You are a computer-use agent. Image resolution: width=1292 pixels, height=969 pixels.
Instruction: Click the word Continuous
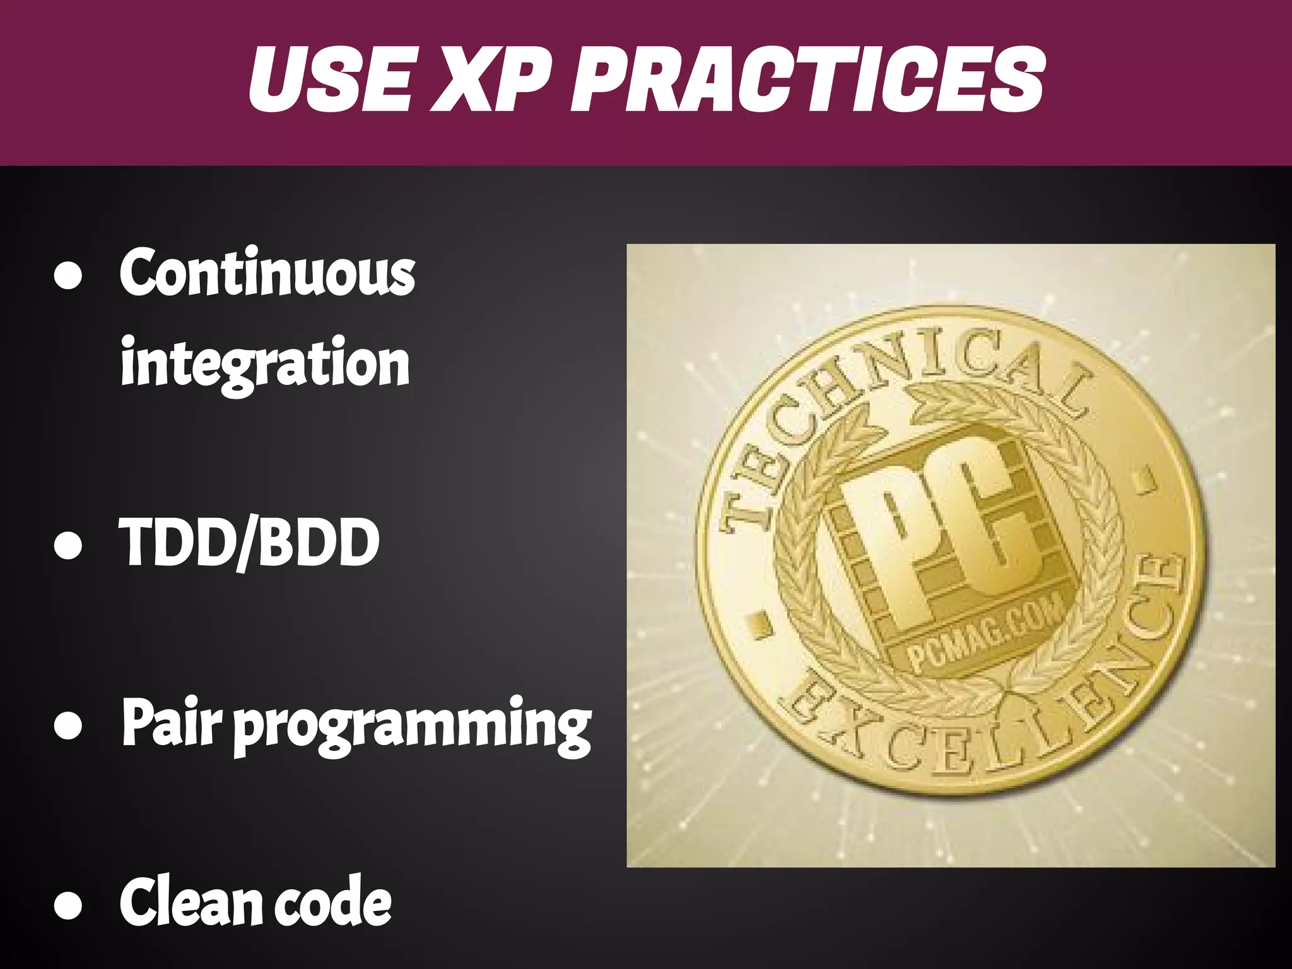267,273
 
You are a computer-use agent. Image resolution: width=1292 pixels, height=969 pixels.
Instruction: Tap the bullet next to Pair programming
68,725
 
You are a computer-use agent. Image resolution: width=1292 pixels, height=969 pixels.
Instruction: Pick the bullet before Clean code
68,905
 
